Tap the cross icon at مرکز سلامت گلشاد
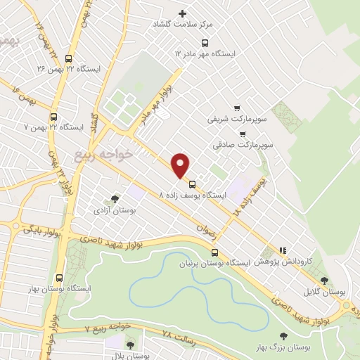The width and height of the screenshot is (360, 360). (x=184, y=13)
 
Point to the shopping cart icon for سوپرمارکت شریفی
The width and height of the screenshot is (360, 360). (x=236, y=108)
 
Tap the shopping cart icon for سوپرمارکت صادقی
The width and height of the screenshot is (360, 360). (x=243, y=133)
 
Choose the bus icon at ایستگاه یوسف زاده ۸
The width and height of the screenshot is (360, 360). (x=193, y=184)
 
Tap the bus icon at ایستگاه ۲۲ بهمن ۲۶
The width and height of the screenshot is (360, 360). (x=67, y=59)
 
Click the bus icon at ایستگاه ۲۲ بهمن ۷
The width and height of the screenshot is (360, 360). (x=54, y=117)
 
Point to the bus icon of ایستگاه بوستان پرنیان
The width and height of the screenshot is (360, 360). (x=215, y=252)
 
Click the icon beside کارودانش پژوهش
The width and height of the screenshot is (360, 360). (x=283, y=250)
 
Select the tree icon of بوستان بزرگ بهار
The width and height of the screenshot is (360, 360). (x=283, y=336)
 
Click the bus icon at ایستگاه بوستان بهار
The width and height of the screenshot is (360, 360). (x=58, y=277)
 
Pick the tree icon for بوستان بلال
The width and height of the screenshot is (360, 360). (x=130, y=345)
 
